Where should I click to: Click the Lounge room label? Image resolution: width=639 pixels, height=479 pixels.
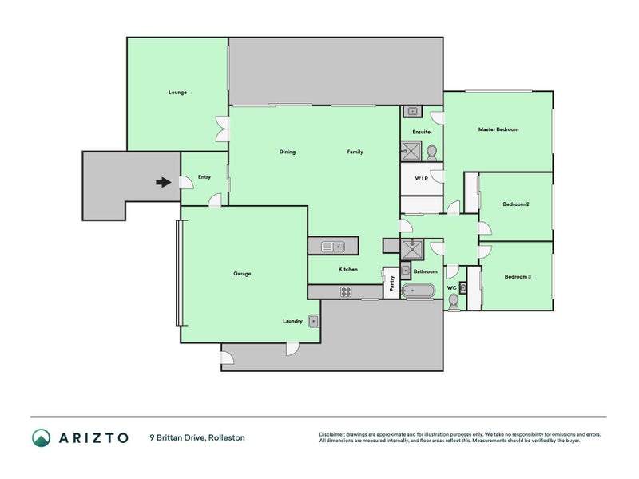pyautogui.click(x=177, y=93)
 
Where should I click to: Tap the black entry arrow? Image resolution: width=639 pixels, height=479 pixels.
pyautogui.click(x=164, y=183)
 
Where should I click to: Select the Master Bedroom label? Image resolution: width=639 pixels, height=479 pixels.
pyautogui.click(x=498, y=129)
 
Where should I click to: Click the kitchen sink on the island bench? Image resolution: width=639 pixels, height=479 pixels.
pyautogui.click(x=333, y=247)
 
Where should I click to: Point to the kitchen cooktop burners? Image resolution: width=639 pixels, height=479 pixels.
pyautogui.click(x=346, y=291)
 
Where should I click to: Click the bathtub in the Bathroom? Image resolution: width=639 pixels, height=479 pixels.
pyautogui.click(x=418, y=291)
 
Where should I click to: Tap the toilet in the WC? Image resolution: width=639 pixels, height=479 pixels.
pyautogui.click(x=453, y=303)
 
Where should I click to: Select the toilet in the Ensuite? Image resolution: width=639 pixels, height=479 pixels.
pyautogui.click(x=432, y=152)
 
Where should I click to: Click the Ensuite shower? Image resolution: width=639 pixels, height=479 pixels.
pyautogui.click(x=411, y=151)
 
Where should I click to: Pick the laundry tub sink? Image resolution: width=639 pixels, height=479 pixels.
pyautogui.click(x=313, y=322)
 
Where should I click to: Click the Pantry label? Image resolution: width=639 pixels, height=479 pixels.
pyautogui.click(x=392, y=283)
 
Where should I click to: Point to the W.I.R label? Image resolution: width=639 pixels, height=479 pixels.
pyautogui.click(x=422, y=178)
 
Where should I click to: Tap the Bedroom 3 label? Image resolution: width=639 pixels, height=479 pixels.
pyautogui.click(x=518, y=277)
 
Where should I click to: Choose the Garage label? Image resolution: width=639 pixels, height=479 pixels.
pyautogui.click(x=242, y=274)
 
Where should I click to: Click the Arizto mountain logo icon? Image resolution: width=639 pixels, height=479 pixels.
pyautogui.click(x=42, y=437)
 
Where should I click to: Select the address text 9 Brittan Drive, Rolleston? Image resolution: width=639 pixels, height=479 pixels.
pyautogui.click(x=197, y=437)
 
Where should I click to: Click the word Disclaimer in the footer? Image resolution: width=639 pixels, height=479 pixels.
pyautogui.click(x=331, y=435)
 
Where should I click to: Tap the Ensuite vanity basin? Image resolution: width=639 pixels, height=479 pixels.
pyautogui.click(x=412, y=111)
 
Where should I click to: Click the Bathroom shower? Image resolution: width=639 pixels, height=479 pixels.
pyautogui.click(x=412, y=250)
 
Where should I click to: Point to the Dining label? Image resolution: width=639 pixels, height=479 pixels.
pyautogui.click(x=287, y=152)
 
